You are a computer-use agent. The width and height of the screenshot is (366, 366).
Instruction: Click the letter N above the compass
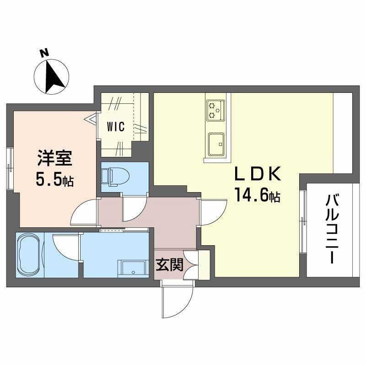point(44,53)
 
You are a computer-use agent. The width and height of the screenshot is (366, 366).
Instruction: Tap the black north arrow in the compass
point(54,76)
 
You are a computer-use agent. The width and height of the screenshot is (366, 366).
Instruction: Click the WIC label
point(116,127)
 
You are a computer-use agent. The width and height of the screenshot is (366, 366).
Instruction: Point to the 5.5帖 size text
point(54,180)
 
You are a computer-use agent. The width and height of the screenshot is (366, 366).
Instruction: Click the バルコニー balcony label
point(333,230)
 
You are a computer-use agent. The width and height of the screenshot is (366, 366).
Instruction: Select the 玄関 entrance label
point(170,265)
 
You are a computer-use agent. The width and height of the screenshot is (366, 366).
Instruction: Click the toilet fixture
point(116,178)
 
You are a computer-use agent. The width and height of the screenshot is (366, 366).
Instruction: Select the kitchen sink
point(216,144)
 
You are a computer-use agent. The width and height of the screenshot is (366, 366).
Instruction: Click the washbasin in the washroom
point(133,269)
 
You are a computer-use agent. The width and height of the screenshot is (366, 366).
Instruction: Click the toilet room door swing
point(135,207)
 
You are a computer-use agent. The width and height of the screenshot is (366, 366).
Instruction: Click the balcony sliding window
point(303,222)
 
